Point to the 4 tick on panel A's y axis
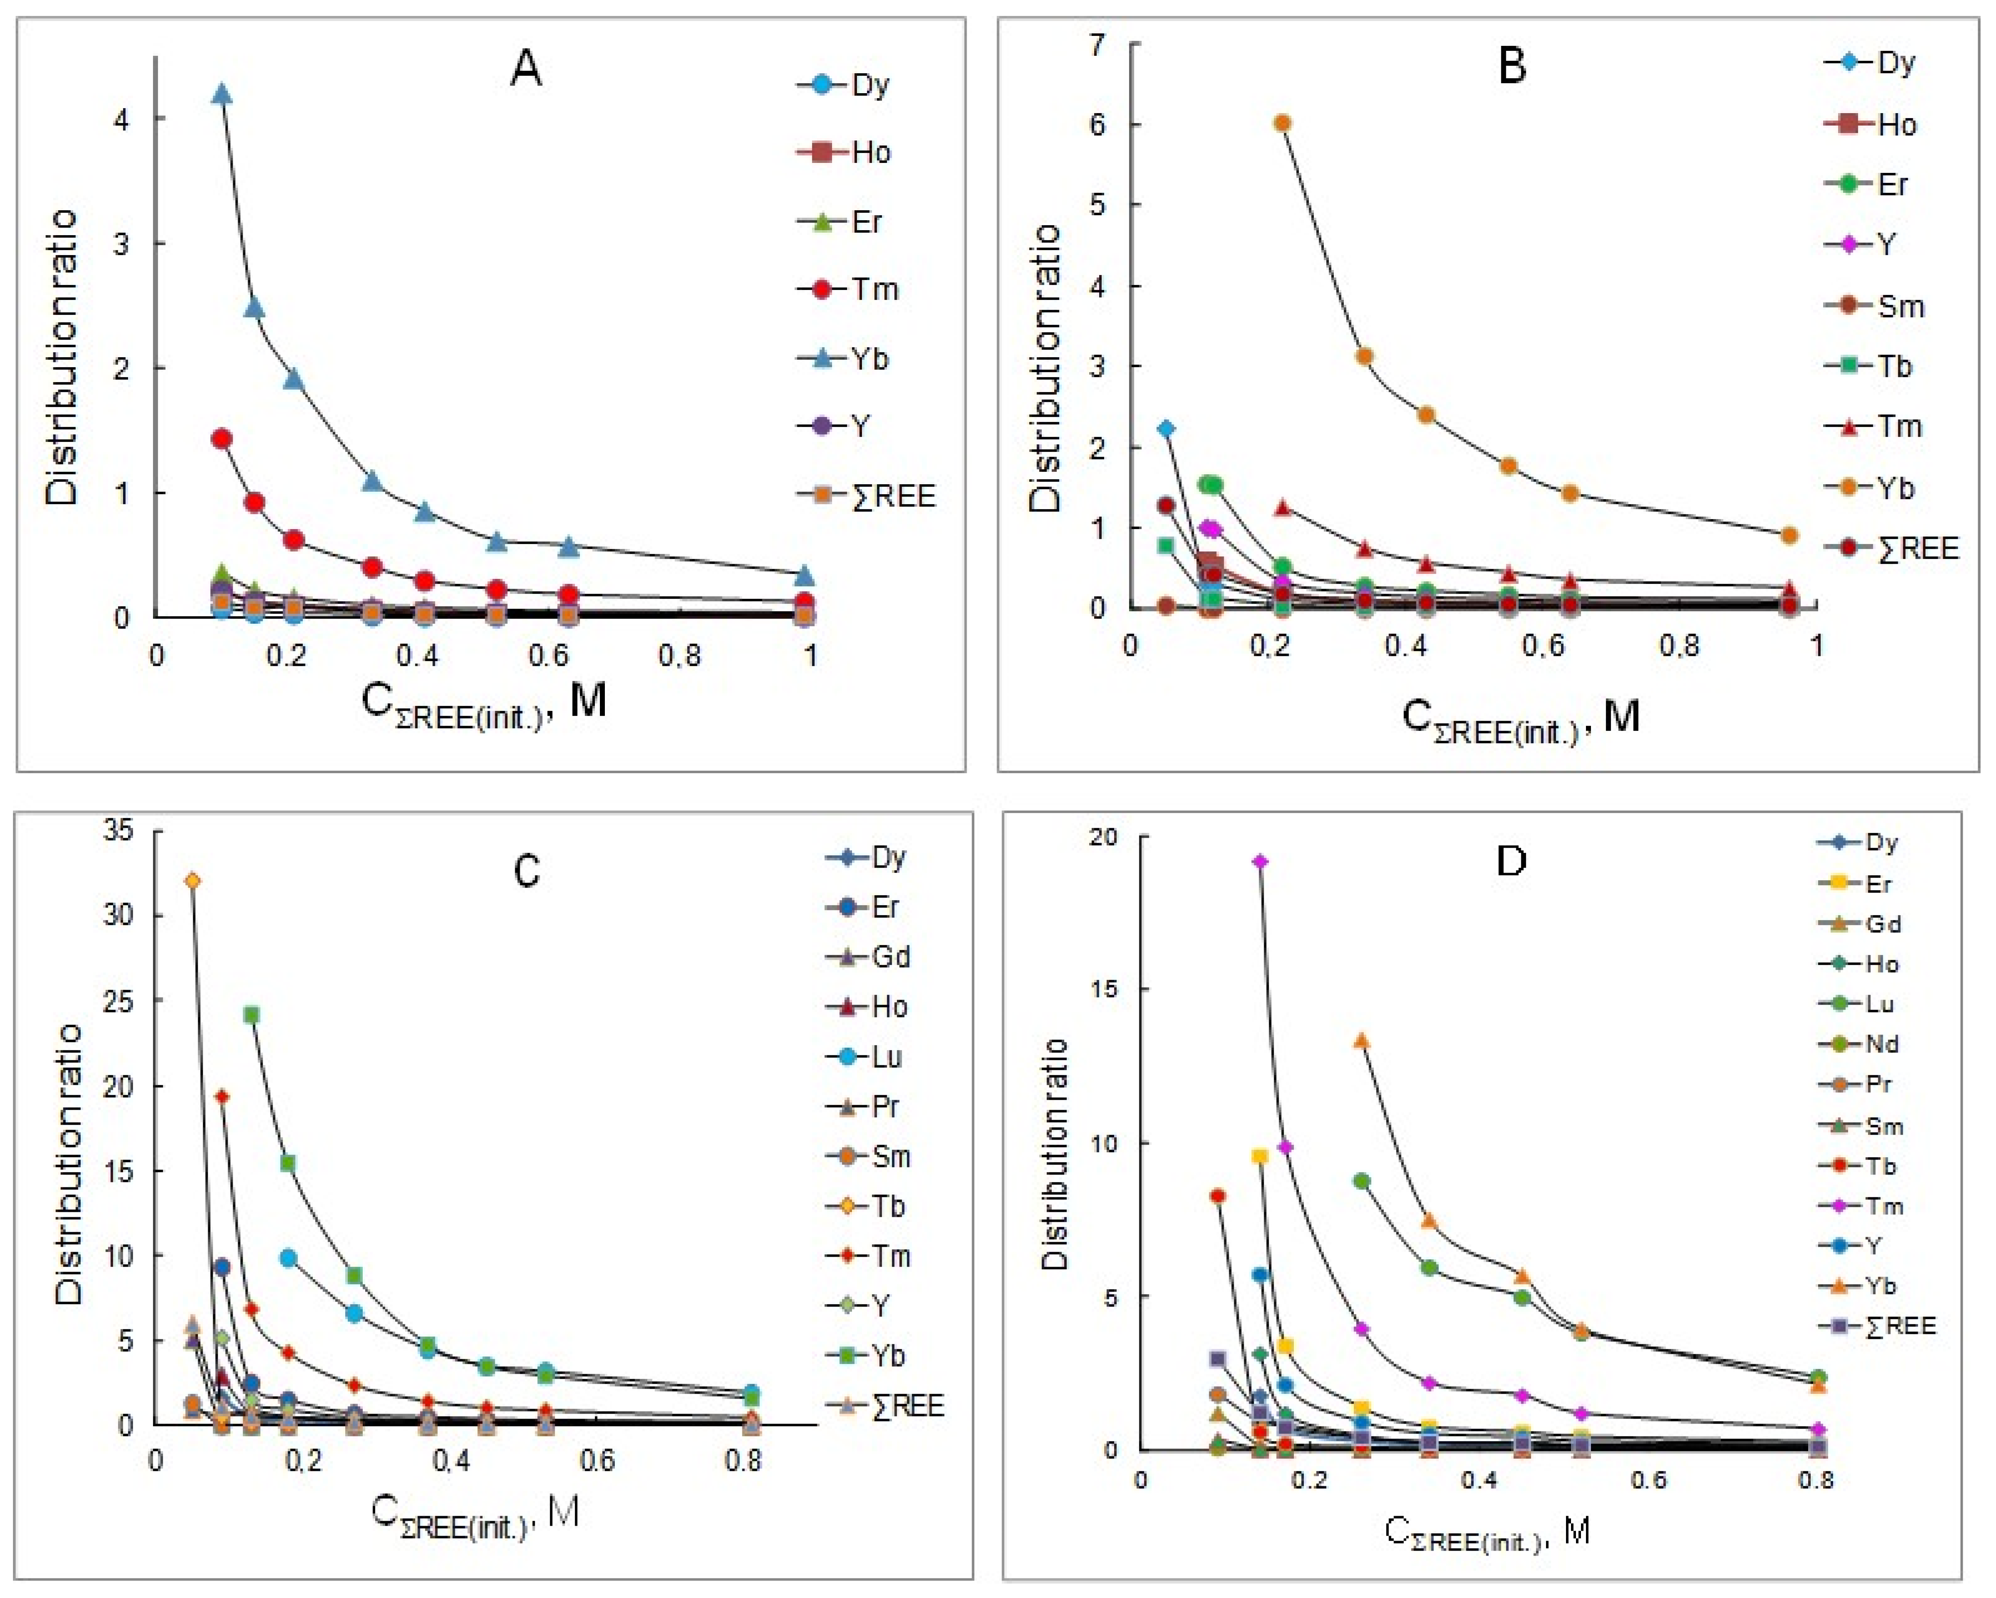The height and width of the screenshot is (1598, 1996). pyautogui.click(x=121, y=119)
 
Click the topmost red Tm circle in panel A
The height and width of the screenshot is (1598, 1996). pyautogui.click(x=221, y=438)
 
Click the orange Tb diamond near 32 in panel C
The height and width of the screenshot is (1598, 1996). pyautogui.click(x=192, y=880)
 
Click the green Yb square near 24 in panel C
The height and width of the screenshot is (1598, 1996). pyautogui.click(x=251, y=1014)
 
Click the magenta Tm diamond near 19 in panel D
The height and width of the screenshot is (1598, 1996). pyautogui.click(x=1260, y=861)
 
